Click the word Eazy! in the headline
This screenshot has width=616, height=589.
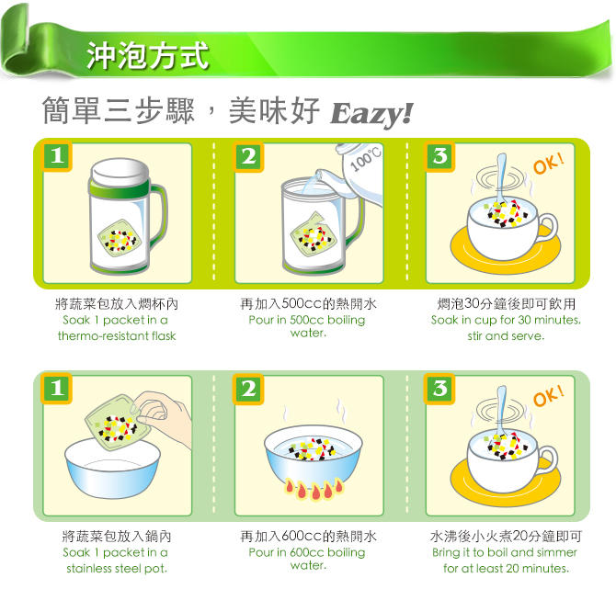pos(371,114)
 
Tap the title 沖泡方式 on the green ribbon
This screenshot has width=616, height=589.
pos(147,56)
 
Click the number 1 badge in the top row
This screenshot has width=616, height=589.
pos(57,156)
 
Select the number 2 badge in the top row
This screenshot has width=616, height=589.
pos(248,157)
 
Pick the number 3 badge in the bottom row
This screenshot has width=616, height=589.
pos(439,389)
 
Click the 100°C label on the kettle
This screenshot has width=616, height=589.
pos(365,159)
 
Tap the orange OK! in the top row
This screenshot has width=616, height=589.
pos(549,164)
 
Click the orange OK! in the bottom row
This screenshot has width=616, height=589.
pos(549,396)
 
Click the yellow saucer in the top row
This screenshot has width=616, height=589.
pos(506,251)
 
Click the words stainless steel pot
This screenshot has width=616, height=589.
pos(117,569)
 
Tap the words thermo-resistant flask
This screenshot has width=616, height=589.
pos(117,336)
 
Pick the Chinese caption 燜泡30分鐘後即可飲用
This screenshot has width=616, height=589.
pos(507,303)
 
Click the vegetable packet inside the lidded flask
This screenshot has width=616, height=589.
pos(119,238)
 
